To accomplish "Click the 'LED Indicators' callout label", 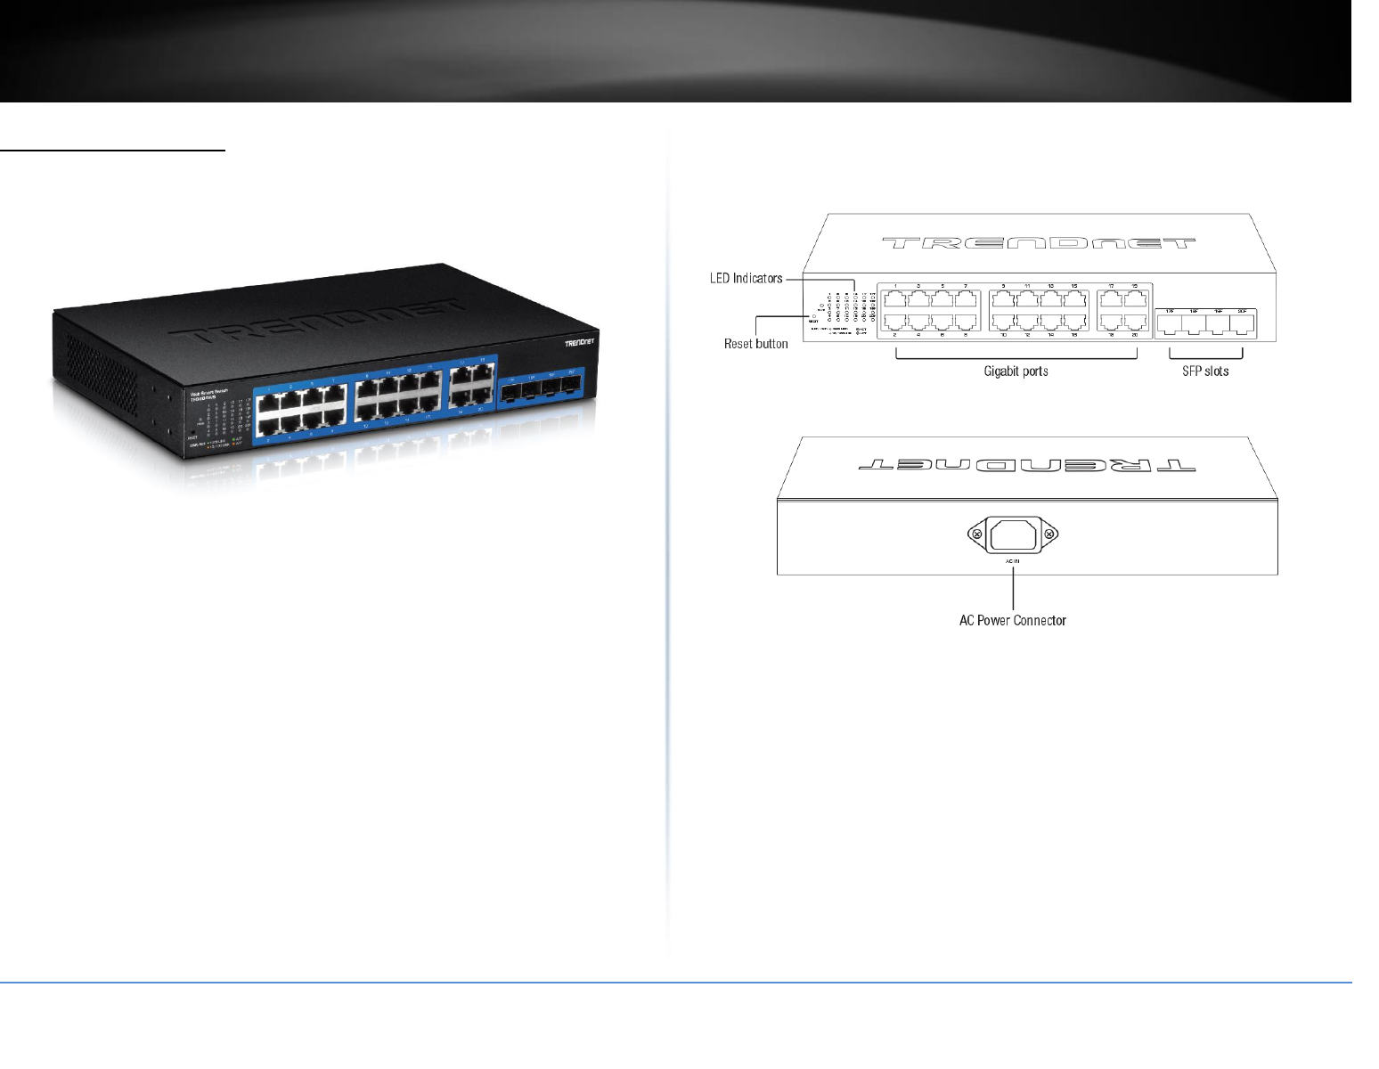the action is [x=746, y=278].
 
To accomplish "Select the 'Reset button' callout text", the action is [x=755, y=344].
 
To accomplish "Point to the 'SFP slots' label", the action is [x=1205, y=371].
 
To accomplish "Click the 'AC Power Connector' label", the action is [x=1013, y=620].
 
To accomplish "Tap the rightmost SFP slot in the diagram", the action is [x=1241, y=325].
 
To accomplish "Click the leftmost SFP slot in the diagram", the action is [x=1169, y=325].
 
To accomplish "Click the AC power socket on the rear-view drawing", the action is [x=1013, y=534].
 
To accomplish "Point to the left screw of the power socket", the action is [x=977, y=534].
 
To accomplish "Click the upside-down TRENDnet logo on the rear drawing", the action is [x=1026, y=465].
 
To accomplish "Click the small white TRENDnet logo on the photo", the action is [x=580, y=342].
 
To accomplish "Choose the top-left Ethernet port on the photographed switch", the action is [x=269, y=406].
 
